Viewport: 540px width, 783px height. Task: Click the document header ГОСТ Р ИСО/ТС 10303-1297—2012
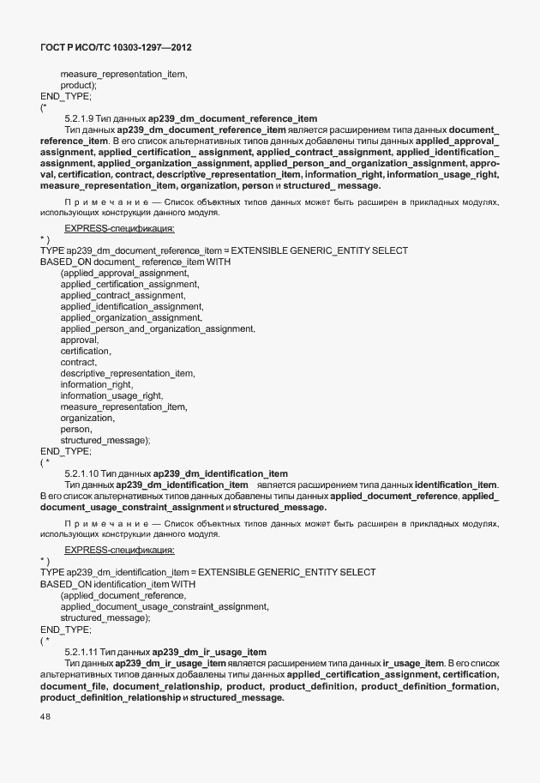pyautogui.click(x=122, y=48)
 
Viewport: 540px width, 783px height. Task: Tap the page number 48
pyautogui.click(x=46, y=718)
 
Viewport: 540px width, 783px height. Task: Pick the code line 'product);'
pyautogui.click(x=79, y=86)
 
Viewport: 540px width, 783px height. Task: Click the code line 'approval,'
pyautogui.click(x=79, y=340)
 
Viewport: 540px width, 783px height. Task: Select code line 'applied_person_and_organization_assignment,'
pyautogui.click(x=158, y=328)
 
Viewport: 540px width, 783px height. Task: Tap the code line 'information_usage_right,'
pyautogui.click(x=111, y=395)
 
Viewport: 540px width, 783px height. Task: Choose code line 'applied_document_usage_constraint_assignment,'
pyautogui.click(x=165, y=606)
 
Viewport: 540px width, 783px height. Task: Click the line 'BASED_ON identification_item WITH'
pyautogui.click(x=118, y=584)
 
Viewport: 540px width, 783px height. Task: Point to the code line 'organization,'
pyautogui.click(x=87, y=418)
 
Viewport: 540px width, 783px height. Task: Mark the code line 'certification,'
pyautogui.click(x=86, y=351)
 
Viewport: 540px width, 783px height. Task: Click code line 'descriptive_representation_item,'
pyautogui.click(x=128, y=373)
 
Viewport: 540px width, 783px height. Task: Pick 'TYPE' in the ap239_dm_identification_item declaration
pyautogui.click(x=52, y=572)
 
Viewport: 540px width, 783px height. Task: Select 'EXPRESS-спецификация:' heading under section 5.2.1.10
pyautogui.click(x=119, y=550)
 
